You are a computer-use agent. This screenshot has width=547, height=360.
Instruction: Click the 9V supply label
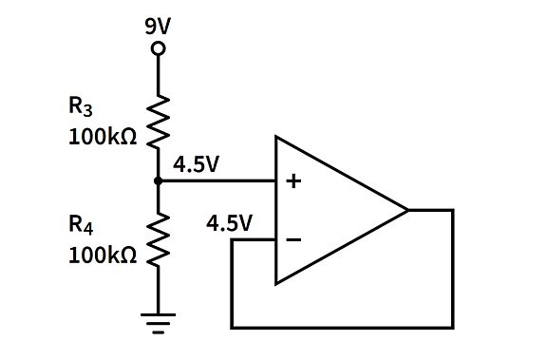(159, 26)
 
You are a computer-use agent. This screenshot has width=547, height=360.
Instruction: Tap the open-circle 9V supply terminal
(159, 47)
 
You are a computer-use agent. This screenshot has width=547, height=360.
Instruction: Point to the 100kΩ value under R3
(103, 136)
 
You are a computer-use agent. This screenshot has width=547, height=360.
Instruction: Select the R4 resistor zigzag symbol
(159, 237)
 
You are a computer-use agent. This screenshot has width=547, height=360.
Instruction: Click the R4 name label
(81, 226)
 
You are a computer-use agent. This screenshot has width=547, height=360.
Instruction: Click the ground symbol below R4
(159, 323)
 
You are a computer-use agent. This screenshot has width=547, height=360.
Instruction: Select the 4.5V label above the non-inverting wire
(197, 164)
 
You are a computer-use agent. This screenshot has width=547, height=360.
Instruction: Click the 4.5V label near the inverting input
(229, 224)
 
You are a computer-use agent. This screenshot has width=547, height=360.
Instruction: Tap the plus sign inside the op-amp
(293, 180)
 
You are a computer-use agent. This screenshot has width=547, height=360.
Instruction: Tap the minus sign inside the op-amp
(293, 240)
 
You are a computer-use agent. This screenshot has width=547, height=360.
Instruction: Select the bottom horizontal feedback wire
(342, 327)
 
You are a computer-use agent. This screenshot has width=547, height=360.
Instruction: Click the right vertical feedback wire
(454, 271)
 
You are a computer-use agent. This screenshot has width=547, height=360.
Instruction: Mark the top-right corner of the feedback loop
(454, 210)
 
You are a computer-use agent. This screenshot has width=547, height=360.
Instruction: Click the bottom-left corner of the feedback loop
(232, 327)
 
